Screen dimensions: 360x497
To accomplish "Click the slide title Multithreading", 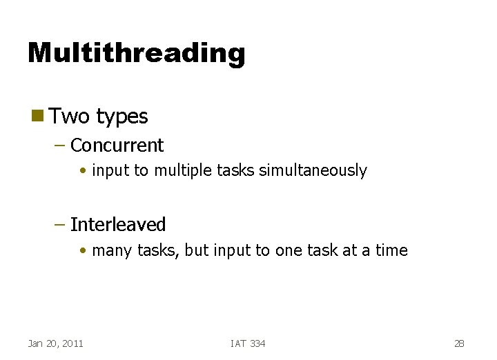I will tap(136, 52).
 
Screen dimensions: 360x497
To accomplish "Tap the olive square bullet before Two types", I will tap(37, 115).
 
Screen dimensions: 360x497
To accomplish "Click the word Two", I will tap(70, 116).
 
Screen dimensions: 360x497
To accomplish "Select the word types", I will tap(122, 117).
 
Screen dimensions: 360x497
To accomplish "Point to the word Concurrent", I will tap(117, 146).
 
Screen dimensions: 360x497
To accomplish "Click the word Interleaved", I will tap(118, 225).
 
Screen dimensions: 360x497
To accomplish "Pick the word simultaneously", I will tap(313, 171).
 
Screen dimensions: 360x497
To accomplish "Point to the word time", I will tap(391, 250).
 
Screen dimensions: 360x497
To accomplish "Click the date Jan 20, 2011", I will tap(55, 343).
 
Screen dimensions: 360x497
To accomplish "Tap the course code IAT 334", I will tap(248, 343).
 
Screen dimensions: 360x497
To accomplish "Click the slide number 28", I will tap(460, 343).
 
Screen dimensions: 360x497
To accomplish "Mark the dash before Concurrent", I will tap(60, 146).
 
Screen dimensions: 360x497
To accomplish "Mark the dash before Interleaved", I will tap(60, 225).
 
